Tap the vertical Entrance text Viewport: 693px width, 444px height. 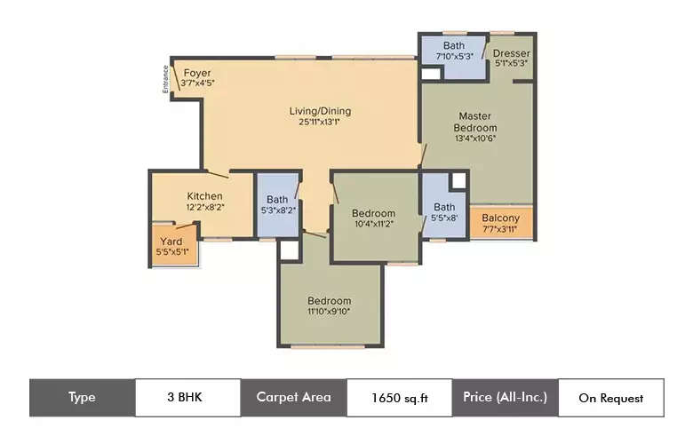[166, 79]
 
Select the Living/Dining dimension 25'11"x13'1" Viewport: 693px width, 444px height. [320, 123]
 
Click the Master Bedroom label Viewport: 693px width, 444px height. [477, 122]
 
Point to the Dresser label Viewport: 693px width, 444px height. [511, 52]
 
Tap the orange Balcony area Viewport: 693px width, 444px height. [500, 223]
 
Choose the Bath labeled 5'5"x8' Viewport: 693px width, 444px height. [444, 211]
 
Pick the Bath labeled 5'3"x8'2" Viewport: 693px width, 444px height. [277, 205]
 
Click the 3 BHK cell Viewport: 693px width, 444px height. [187, 398]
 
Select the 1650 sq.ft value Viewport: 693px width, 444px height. [399, 398]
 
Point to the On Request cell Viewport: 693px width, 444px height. [610, 398]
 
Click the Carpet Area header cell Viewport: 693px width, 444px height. [293, 398]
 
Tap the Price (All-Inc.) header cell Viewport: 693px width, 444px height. [505, 398]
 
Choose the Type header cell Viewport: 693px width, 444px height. [82, 398]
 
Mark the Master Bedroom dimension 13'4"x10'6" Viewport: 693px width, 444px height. [477, 139]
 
